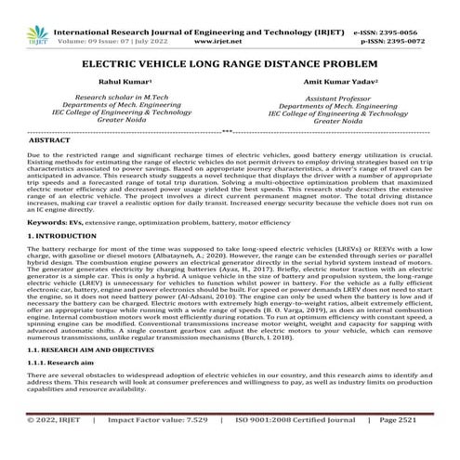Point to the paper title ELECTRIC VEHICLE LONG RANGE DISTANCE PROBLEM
coord(230,67)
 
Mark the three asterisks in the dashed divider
coord(229,131)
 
